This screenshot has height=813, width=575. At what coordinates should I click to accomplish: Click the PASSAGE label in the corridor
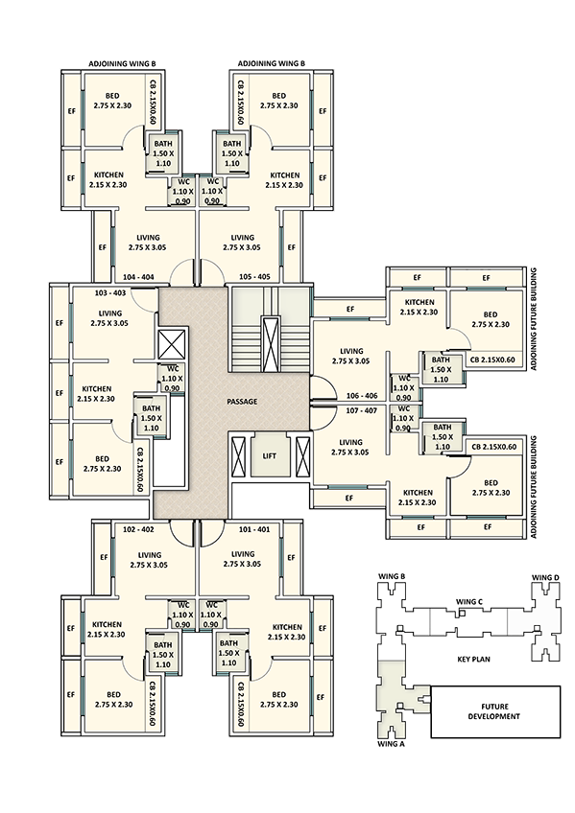click(x=242, y=402)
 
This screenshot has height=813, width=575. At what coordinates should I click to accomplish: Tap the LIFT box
click(x=270, y=455)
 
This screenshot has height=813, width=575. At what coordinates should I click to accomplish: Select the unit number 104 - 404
click(x=138, y=277)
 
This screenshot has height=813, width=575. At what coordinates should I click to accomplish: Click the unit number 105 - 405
click(x=254, y=277)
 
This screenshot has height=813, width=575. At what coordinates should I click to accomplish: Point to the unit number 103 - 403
click(x=110, y=293)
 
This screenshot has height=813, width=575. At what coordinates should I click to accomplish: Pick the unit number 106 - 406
click(x=362, y=396)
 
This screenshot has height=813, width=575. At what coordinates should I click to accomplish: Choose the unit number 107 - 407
click(x=362, y=410)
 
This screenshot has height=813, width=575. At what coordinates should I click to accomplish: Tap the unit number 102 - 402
click(x=138, y=529)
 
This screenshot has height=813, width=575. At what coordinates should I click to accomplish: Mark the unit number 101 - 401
click(x=254, y=529)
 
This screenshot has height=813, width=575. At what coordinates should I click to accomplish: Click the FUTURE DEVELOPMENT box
click(x=495, y=712)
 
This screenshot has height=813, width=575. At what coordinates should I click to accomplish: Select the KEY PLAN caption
click(x=473, y=660)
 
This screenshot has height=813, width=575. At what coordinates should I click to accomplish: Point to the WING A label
click(x=392, y=744)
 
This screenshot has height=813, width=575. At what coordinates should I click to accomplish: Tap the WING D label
click(x=545, y=577)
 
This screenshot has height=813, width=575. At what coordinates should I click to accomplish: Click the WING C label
click(x=469, y=601)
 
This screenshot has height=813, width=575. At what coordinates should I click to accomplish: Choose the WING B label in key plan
click(x=392, y=576)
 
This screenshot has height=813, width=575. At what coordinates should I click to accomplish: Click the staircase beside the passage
click(x=270, y=329)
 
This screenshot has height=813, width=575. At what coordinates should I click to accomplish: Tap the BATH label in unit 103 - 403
click(x=151, y=408)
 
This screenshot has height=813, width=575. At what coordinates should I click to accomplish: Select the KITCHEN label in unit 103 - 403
click(x=97, y=389)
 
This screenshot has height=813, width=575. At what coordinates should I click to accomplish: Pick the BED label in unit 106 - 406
click(x=491, y=314)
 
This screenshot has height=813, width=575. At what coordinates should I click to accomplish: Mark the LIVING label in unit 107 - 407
click(x=350, y=442)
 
